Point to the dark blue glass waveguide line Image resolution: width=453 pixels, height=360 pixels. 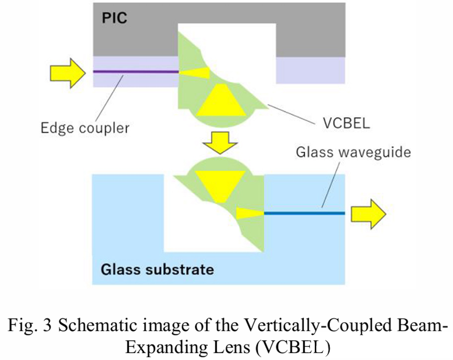point(304,213)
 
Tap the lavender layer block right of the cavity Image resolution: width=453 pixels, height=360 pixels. point(310,70)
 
